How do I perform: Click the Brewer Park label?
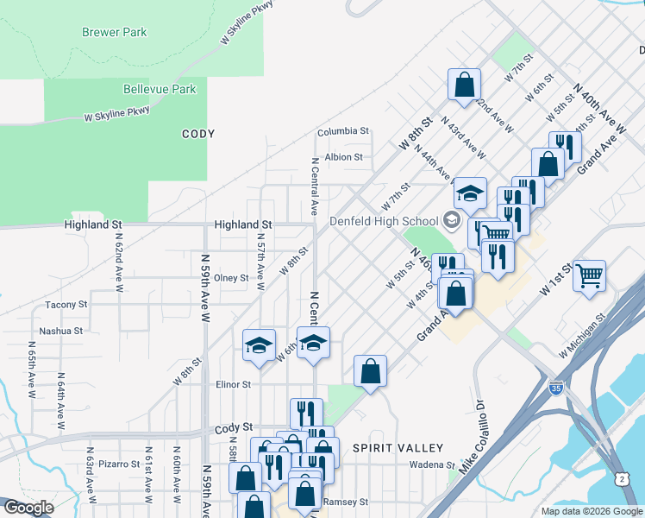click(x=114, y=33)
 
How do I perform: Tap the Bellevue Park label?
click(x=160, y=89)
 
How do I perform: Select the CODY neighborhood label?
click(x=198, y=134)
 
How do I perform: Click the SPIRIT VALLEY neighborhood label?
click(x=398, y=448)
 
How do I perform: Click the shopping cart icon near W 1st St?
click(x=590, y=276)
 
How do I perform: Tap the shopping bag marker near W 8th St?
click(x=464, y=85)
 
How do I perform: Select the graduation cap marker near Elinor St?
click(x=259, y=346)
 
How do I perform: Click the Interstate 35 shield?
click(x=558, y=389)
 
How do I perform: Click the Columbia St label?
click(x=342, y=132)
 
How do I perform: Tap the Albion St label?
click(x=343, y=157)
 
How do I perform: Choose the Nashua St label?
click(x=60, y=331)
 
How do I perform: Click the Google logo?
click(x=28, y=508)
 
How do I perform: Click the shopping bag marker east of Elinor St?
click(x=370, y=371)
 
